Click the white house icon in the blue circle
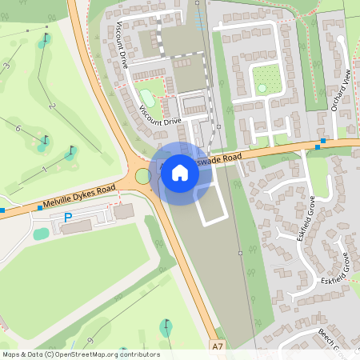point(180,172)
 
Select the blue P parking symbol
point(68,217)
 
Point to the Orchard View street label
point(340,92)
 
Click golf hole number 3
point(7,66)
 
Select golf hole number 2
point(51,106)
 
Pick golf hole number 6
point(18,128)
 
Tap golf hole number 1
point(45,169)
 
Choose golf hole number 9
point(90,342)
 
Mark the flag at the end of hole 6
point(45,142)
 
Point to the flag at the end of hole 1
point(72,150)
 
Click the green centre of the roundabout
point(142,176)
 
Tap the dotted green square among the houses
point(267,78)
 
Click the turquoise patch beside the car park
point(41,234)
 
